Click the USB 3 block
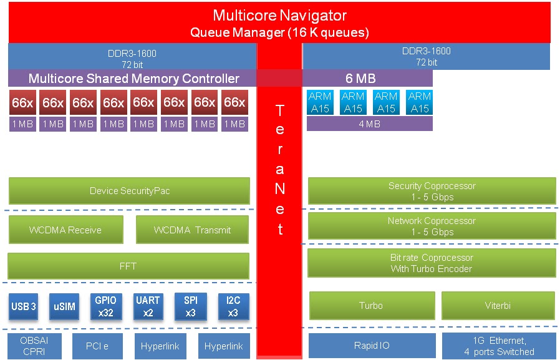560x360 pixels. [24, 306]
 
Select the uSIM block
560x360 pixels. [64, 306]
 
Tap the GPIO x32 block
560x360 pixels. [105, 306]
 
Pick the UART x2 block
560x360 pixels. [148, 306]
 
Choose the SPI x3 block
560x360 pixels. [191, 306]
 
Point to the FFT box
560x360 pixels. [128, 266]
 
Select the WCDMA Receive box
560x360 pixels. [65, 230]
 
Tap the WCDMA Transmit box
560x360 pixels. [192, 230]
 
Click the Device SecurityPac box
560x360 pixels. [129, 191]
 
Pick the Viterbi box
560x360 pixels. [498, 306]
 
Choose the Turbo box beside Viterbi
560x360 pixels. [371, 306]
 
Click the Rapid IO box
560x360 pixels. [372, 346]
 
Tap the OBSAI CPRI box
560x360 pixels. [34, 346]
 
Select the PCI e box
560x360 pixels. [98, 346]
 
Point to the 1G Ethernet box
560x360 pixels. [499, 346]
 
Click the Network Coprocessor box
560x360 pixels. [432, 226]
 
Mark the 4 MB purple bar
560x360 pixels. [370, 124]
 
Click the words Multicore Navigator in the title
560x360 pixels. [279, 15]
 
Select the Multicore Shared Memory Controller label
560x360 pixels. [133, 79]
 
